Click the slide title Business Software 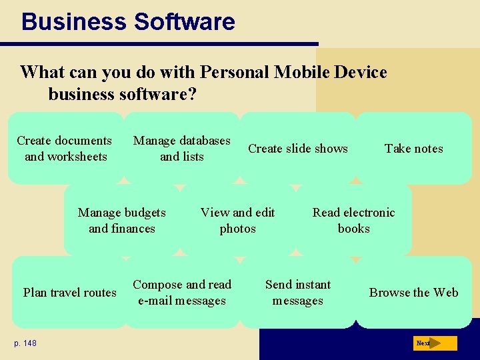128,21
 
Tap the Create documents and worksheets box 65,148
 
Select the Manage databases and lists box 181,148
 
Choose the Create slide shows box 297,148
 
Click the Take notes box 413,148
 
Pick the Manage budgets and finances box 122,220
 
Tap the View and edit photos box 238,220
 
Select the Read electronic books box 353,220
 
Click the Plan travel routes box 69,292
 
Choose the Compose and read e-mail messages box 182,292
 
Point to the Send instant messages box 298,292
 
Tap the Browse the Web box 413,292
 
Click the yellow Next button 434,343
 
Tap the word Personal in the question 235,72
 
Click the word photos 238,229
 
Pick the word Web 445,293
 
